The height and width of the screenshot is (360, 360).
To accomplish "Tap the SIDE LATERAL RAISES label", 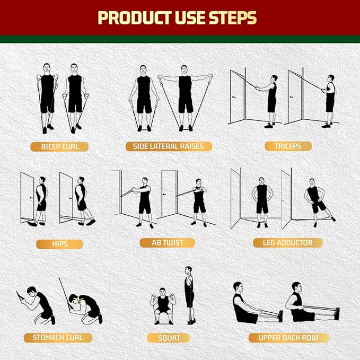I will [x=169, y=146].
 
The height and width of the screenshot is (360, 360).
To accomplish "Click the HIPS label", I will [x=59, y=244].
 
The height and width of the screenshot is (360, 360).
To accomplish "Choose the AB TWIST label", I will [x=167, y=243].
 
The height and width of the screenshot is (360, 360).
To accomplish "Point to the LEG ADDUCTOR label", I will [x=287, y=243].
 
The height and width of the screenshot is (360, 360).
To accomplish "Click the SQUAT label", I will [x=169, y=338].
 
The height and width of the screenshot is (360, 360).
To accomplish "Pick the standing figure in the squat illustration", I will [x=189, y=295].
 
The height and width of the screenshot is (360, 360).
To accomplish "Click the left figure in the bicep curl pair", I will [x=47, y=98].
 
